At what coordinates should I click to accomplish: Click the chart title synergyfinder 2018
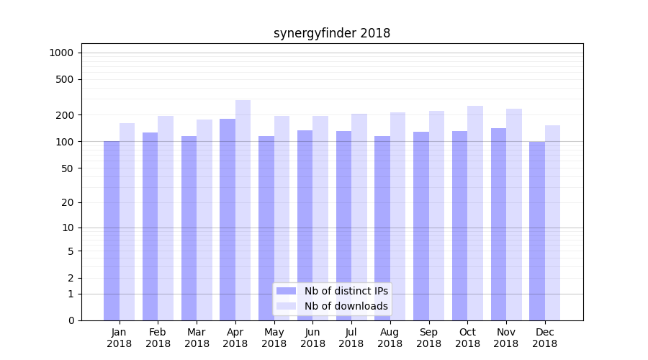pos(332,33)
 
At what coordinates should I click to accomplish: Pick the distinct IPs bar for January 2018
pos(112,230)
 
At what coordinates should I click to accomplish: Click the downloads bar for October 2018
pos(475,213)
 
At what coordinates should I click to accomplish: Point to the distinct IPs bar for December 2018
pos(537,231)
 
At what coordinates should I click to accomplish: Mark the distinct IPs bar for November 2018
pos(498,224)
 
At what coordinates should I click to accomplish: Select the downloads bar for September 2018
pos(436,215)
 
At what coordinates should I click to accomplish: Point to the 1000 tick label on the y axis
pos(61,53)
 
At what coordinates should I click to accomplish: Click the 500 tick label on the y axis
pos(64,79)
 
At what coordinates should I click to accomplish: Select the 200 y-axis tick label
pos(64,115)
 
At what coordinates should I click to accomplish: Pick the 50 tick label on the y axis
pos(67,168)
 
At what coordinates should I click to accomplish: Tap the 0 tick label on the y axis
pos(71,320)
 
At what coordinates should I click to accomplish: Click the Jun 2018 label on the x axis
pos(312,338)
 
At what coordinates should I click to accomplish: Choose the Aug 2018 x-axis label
pos(390,338)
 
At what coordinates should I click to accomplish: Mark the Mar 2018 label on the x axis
pos(197,338)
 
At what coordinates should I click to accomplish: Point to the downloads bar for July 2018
pos(359,217)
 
